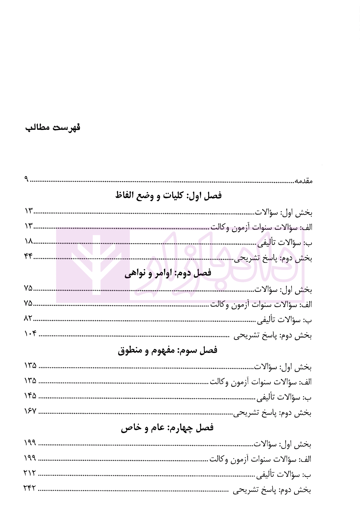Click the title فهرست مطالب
click(53, 127)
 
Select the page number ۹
click(26, 179)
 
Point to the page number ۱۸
click(29, 242)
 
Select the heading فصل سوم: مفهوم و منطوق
click(168, 350)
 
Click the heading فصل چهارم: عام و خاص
click(167, 428)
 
